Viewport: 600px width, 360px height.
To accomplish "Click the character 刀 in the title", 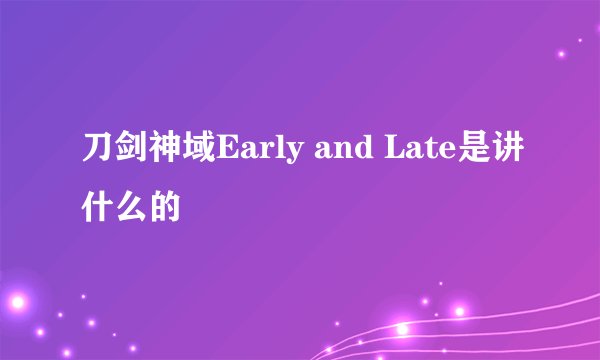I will click(x=97, y=158).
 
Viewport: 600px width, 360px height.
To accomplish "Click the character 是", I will click(x=473, y=158).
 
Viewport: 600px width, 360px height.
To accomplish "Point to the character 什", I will click(x=97, y=207).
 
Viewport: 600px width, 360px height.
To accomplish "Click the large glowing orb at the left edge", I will click(x=16, y=300).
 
